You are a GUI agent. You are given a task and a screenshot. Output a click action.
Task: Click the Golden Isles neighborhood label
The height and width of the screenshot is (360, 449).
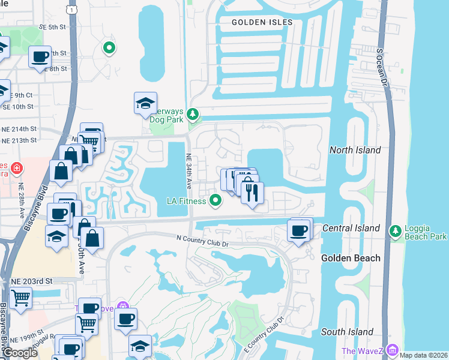[263, 22]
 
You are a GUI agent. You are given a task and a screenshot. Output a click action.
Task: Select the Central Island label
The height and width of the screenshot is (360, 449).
[351, 228]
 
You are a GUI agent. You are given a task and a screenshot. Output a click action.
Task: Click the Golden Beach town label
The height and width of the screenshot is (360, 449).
[351, 258]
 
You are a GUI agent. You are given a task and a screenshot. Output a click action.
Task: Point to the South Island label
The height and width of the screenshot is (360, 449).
[347, 332]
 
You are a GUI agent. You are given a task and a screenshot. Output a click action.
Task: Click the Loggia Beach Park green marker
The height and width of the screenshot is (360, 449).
[395, 231]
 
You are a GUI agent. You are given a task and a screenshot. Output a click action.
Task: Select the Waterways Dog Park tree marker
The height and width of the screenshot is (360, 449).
[192, 113]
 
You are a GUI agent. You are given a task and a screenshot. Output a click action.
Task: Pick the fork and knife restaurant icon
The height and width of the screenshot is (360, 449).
[252, 192]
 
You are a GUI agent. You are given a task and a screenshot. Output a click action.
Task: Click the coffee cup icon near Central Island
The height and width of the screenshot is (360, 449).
[298, 229]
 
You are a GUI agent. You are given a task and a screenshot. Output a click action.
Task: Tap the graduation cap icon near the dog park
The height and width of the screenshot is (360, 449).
[145, 104]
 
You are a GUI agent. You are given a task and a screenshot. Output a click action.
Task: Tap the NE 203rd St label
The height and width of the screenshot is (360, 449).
[32, 280]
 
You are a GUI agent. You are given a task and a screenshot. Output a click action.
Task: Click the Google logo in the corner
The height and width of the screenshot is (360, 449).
[20, 353]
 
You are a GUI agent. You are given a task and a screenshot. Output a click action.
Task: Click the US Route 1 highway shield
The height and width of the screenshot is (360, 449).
[73, 10]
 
